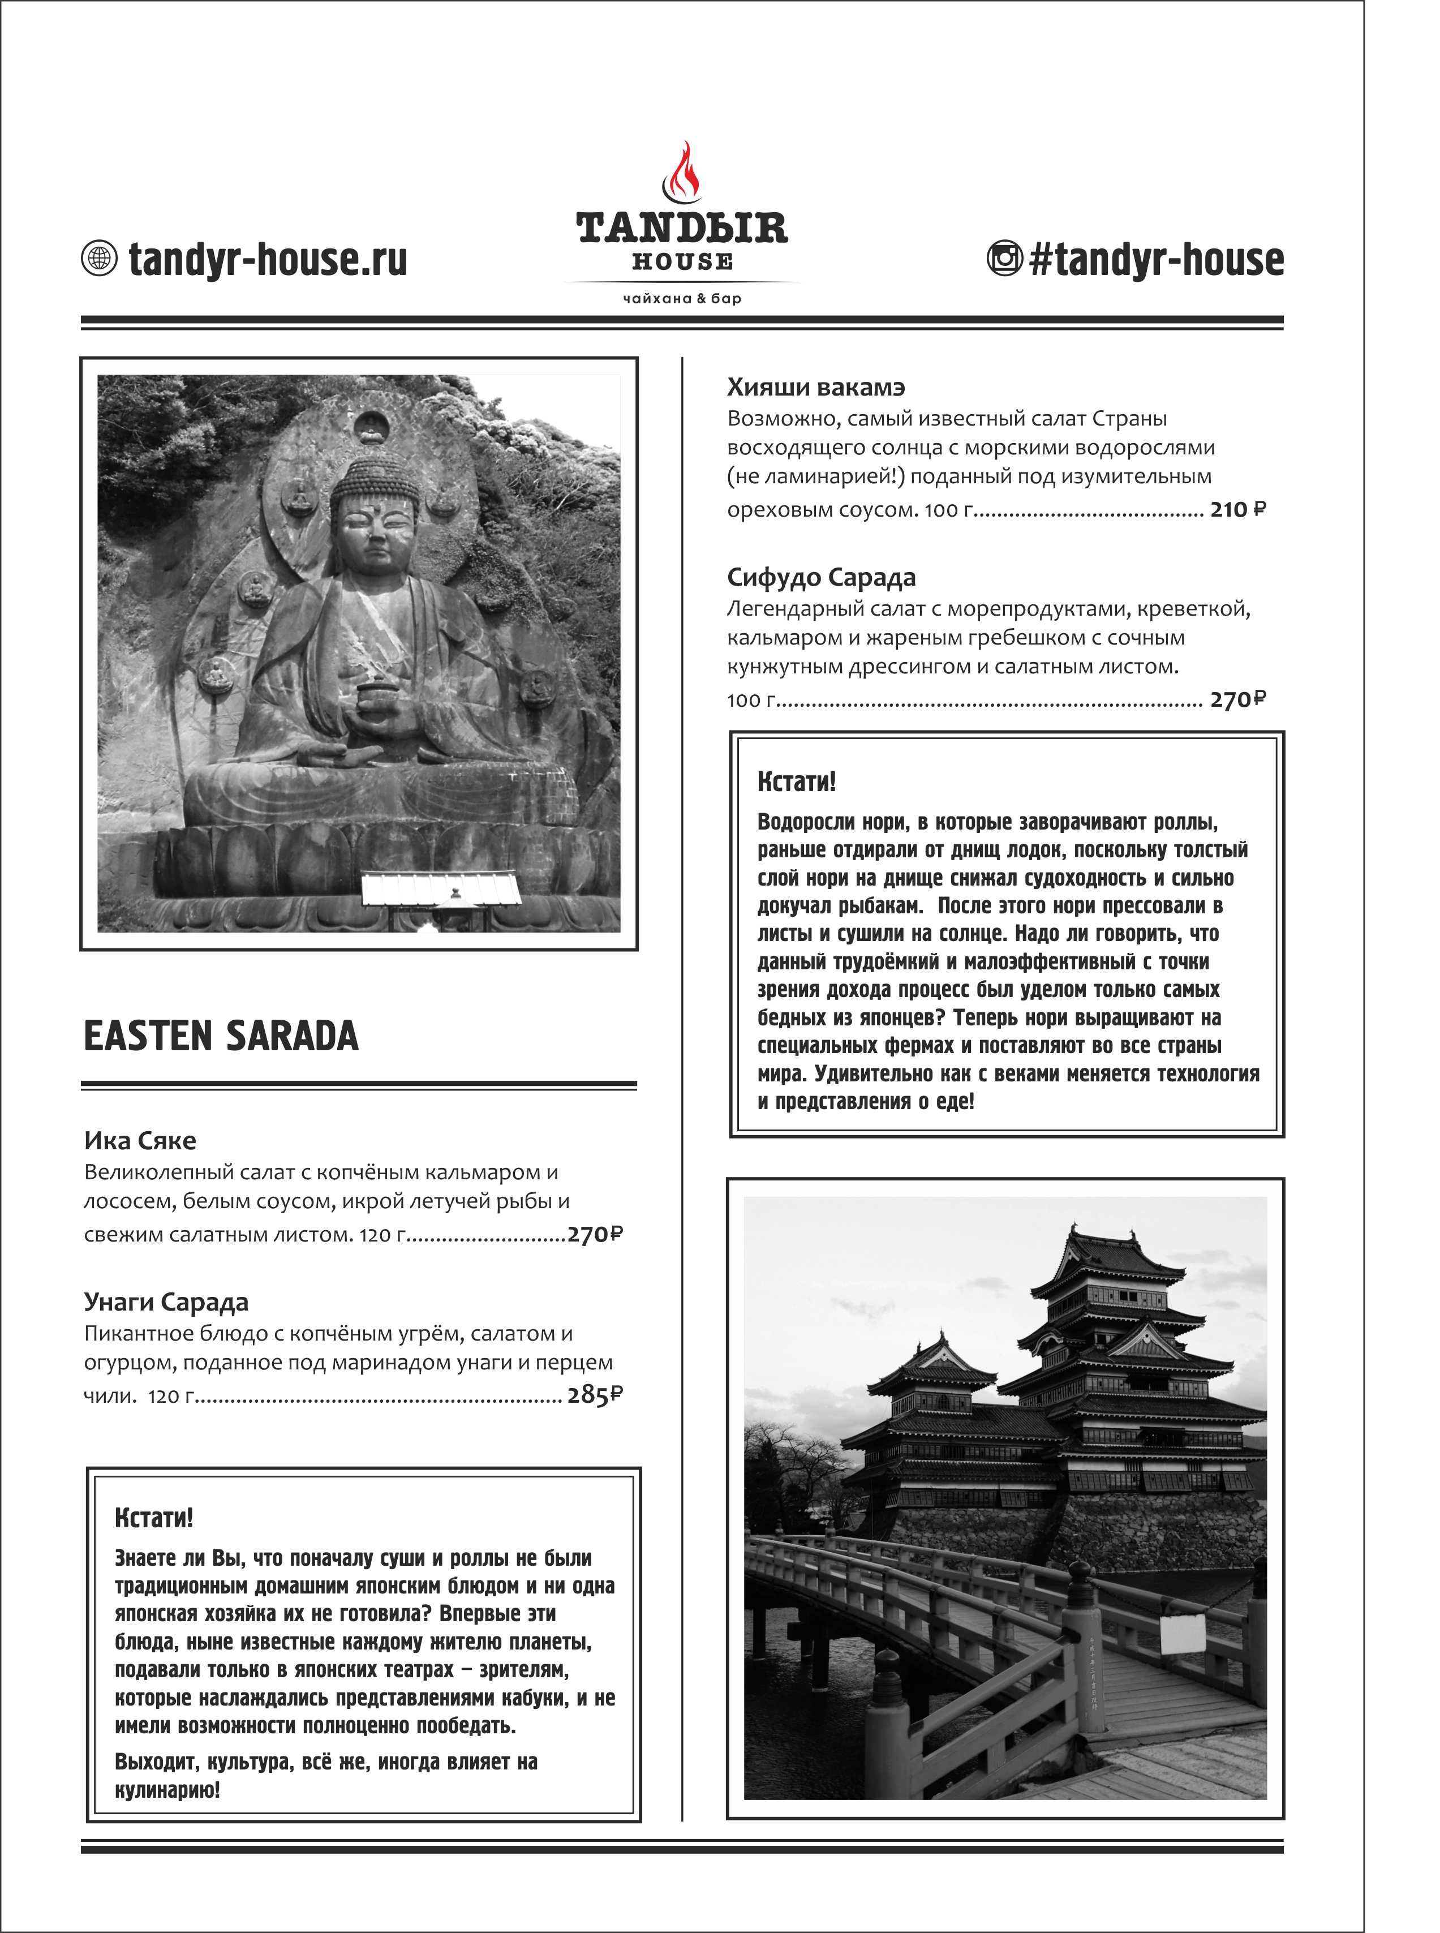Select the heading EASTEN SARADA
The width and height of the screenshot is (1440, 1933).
(221, 1036)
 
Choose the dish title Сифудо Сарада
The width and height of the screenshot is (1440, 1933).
(821, 577)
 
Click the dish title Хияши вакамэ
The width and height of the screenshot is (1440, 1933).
(816, 387)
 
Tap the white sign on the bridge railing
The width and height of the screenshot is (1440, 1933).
(1183, 1634)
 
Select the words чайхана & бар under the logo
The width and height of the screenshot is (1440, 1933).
(682, 299)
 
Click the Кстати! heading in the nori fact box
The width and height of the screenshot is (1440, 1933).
(796, 781)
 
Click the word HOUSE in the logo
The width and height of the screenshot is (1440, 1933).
(682, 261)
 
